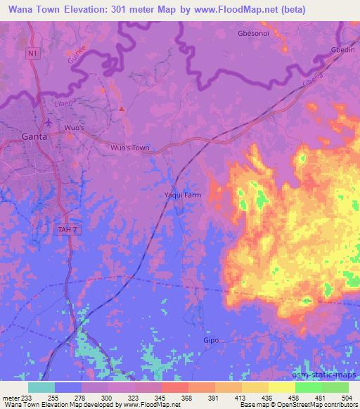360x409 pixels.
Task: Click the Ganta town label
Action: (x=34, y=137)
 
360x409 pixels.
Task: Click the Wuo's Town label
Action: (x=131, y=148)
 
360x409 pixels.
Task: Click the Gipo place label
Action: (x=211, y=340)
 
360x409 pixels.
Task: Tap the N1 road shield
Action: (x=32, y=53)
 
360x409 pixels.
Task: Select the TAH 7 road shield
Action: (x=65, y=229)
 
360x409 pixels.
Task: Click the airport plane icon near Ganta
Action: (x=48, y=122)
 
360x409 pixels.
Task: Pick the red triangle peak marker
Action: (x=122, y=109)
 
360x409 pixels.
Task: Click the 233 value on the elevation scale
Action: (x=28, y=397)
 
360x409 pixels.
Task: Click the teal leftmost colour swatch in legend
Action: (x=41, y=387)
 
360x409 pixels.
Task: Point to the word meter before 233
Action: (x=11, y=397)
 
